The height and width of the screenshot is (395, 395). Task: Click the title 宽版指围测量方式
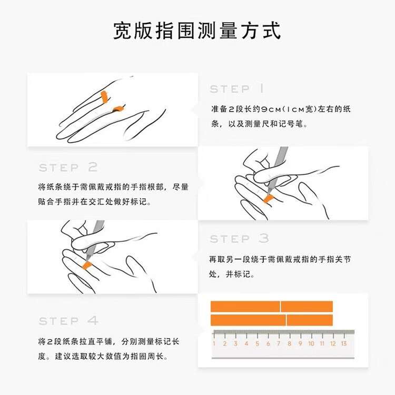coord(197,31)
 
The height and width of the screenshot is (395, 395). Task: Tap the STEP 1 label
coord(237,89)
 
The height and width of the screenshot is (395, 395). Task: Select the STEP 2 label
coord(68,167)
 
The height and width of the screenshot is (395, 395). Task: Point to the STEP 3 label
coord(239,239)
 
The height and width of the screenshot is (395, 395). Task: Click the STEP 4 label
coord(68,321)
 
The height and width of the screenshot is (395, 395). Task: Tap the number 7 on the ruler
coord(279,343)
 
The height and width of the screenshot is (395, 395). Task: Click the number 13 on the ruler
coord(343,343)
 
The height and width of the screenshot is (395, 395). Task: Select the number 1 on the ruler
coord(214,343)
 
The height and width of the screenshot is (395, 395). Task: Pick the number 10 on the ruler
coord(311,343)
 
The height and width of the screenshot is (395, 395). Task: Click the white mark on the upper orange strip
coord(280,307)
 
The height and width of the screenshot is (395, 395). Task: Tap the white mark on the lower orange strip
coord(286,320)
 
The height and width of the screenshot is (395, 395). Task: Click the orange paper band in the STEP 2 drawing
coord(268,199)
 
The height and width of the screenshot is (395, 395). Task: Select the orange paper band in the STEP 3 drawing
coord(87,265)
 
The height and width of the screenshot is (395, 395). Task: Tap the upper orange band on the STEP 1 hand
coord(104,97)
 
